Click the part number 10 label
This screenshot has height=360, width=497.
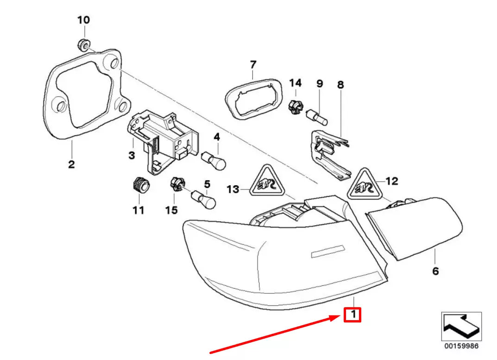tap(84, 20)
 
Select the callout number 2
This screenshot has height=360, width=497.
tap(72, 164)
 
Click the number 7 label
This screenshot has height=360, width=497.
tap(252, 65)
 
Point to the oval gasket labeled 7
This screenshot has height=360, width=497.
tap(253, 99)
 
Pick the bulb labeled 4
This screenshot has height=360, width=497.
tap(214, 160)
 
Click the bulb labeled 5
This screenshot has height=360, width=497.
tap(203, 199)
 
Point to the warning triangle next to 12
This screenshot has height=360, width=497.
tap(365, 185)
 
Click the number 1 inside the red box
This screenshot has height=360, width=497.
tap(353, 315)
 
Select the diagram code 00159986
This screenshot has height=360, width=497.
tap(461, 346)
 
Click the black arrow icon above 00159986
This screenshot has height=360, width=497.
tap(461, 327)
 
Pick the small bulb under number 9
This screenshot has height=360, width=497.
tap(317, 117)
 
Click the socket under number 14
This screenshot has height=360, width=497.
tap(296, 107)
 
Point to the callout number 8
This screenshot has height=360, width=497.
tap(340, 85)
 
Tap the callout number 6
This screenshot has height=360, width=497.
tap(435, 271)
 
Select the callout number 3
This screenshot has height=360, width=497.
tap(132, 155)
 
